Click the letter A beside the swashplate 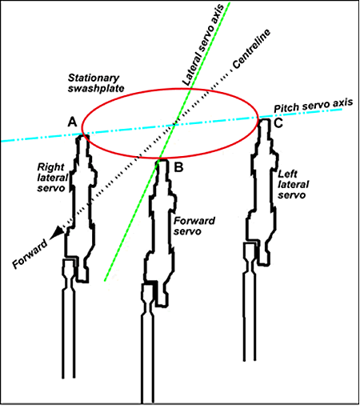pos(72,122)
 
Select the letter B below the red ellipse pos(178,167)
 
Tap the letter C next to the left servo pos(278,123)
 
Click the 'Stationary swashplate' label pos(96,83)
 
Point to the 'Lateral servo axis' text pos(203,45)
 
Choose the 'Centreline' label pos(251,49)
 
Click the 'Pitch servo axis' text pos(314,105)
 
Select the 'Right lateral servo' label pos(53,178)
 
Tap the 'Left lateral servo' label pos(294,184)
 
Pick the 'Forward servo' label pos(194,226)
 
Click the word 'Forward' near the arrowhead pos(30,254)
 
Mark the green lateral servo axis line pos(167,142)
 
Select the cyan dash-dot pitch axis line pos(172,125)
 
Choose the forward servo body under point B pos(160,232)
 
